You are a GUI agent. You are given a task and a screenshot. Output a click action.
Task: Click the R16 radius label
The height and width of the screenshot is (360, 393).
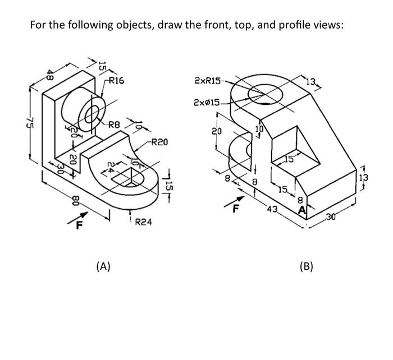tap(116, 81)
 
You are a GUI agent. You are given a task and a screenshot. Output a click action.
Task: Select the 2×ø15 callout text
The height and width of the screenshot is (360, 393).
tap(206, 103)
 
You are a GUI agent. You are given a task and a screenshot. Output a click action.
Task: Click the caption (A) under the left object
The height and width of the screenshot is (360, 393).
tap(102, 266)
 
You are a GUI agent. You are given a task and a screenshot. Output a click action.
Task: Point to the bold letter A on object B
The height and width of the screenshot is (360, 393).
tap(303, 211)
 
